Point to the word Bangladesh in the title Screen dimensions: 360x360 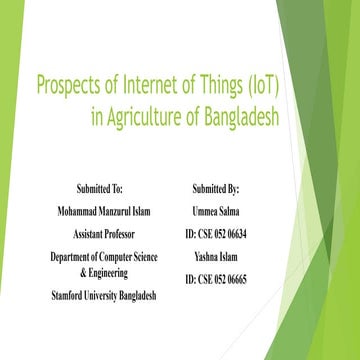coord(240,116)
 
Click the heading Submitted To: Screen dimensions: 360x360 coord(104,188)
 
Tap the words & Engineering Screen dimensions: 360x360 coord(104,272)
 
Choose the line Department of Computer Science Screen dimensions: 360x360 coord(104,257)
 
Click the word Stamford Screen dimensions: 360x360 coord(70,296)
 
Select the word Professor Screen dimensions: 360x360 coord(122,233)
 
